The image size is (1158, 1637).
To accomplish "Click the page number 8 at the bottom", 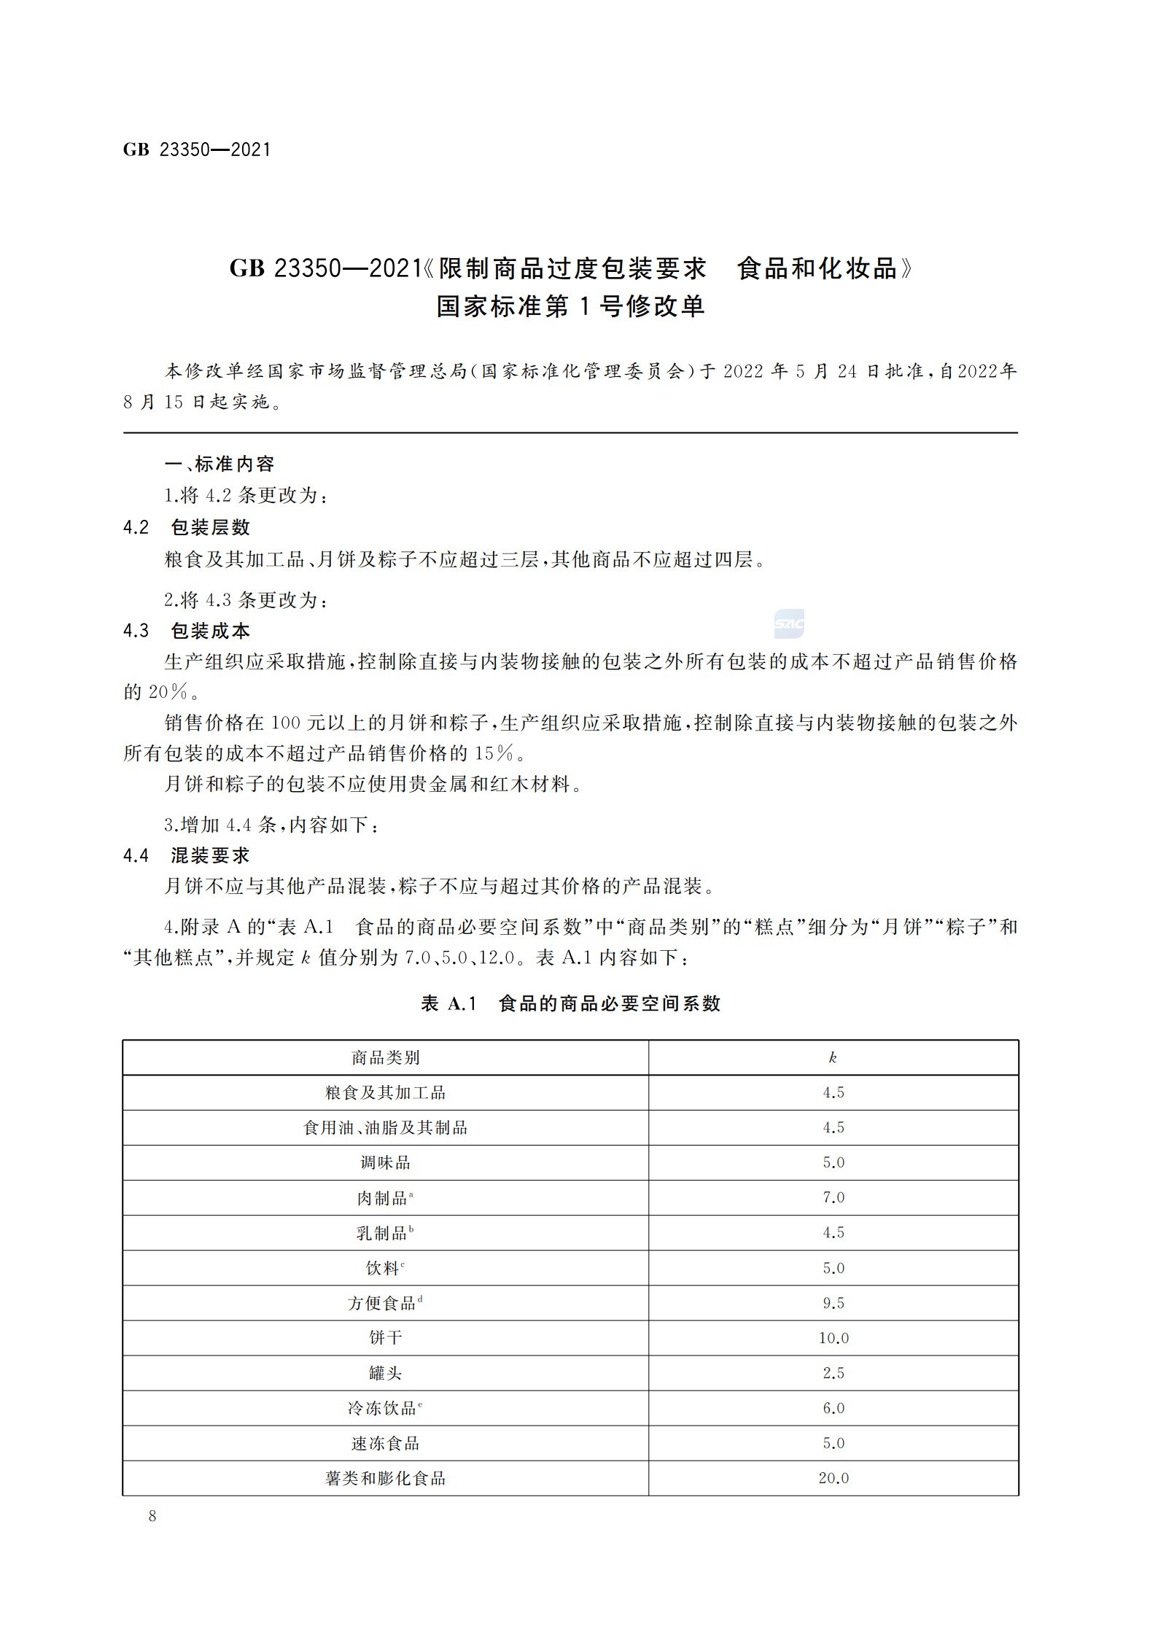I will [152, 1516].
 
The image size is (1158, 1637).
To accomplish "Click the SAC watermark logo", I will [789, 624].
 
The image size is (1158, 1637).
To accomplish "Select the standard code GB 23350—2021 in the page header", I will [197, 150].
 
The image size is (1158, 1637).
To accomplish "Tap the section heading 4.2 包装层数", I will [187, 527].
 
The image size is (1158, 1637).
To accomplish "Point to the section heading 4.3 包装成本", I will [187, 631].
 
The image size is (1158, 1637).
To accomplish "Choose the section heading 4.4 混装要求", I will [187, 855].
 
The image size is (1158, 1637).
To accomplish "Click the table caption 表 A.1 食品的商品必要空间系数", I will [570, 1004].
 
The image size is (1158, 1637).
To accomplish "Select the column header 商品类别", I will [385, 1058].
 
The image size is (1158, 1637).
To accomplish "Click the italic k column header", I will [833, 1058].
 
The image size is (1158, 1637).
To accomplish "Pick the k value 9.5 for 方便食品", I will [833, 1303].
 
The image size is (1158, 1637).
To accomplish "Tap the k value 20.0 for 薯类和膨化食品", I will [833, 1478].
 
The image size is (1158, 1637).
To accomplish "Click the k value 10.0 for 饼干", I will [833, 1338].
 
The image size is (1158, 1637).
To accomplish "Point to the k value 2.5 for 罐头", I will [833, 1373].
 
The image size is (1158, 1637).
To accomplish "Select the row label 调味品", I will [385, 1163].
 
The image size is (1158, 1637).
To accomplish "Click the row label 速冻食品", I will [385, 1443].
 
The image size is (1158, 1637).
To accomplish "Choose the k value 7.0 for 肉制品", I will [833, 1198].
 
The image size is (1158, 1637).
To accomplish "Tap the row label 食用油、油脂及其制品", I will [385, 1128].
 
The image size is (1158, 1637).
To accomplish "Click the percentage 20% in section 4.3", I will [168, 692].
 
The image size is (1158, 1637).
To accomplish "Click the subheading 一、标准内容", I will [219, 464].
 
